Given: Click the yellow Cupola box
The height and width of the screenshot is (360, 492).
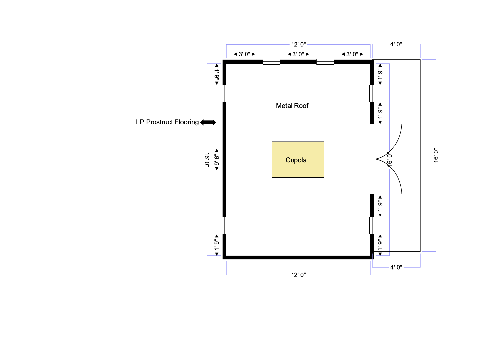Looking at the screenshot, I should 298,160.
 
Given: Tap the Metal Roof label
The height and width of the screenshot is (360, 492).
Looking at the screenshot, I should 292,106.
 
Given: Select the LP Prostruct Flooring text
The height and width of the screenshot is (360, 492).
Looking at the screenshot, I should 167,122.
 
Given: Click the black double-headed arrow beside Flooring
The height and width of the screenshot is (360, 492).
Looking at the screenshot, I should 208,122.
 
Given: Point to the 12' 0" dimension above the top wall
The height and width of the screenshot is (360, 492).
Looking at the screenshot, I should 298,44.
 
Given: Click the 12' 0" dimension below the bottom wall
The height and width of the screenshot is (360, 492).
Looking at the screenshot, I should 298,275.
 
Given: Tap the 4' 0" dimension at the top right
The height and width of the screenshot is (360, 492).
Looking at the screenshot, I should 396,44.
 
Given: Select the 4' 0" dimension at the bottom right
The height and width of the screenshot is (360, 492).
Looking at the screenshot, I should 396,267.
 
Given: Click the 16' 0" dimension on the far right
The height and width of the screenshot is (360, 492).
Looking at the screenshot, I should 436,156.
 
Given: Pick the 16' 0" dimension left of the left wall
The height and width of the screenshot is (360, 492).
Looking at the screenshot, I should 207,160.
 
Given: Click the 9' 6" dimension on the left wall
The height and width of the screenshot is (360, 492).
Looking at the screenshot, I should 217,160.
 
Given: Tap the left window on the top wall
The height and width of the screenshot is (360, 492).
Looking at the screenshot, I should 271,62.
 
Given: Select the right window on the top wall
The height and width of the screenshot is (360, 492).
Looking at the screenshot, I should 325,62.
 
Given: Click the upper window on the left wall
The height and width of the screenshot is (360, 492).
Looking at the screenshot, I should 224,94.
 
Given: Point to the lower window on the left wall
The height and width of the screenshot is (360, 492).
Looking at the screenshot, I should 224,226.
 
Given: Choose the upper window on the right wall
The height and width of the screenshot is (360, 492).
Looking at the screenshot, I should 372,94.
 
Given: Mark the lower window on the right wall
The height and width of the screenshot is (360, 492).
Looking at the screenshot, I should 372,226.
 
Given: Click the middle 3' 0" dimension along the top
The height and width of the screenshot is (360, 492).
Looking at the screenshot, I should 298,54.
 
